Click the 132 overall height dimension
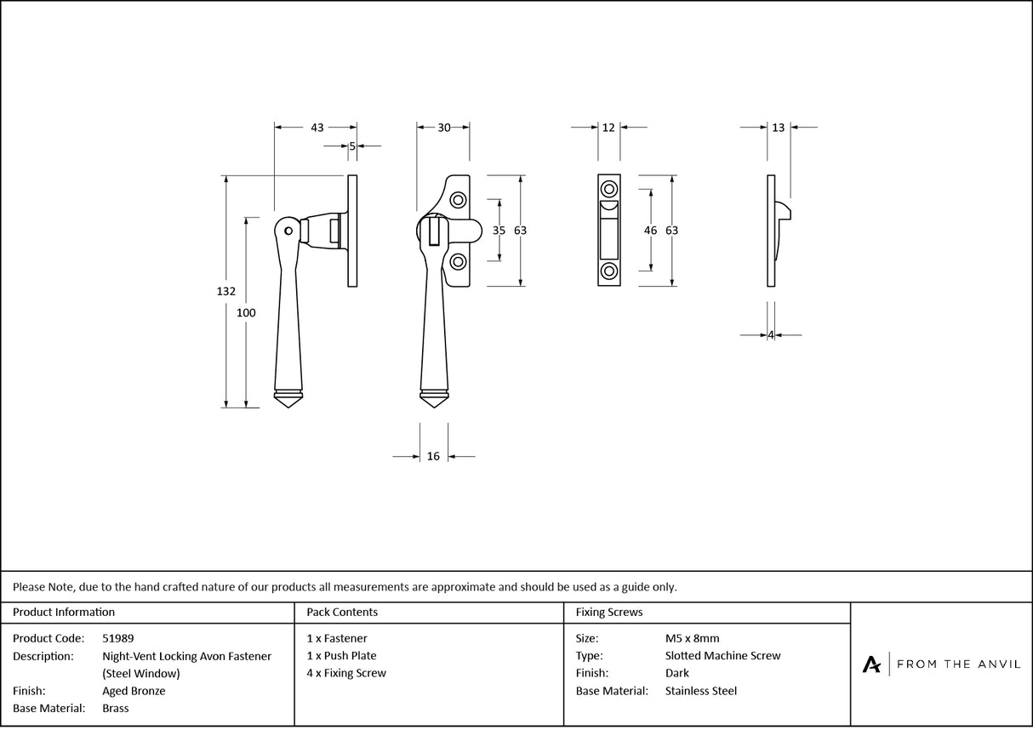click(x=225, y=291)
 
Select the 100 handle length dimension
click(x=246, y=312)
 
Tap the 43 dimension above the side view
click(x=317, y=128)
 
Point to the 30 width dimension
click(x=444, y=128)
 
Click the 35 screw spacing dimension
click(x=499, y=231)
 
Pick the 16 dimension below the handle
click(x=433, y=457)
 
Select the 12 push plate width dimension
click(x=608, y=128)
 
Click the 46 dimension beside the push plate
click(x=651, y=231)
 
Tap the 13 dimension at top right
click(x=779, y=128)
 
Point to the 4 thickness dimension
click(x=771, y=335)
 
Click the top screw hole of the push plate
click(x=609, y=188)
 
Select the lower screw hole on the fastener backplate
click(x=459, y=260)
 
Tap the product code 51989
click(x=117, y=638)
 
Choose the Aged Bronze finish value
click(x=134, y=691)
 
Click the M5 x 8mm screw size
click(x=692, y=638)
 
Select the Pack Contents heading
click(x=342, y=612)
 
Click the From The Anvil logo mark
click(x=871, y=664)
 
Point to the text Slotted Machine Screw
click(x=722, y=656)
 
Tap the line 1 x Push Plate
click(x=341, y=656)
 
